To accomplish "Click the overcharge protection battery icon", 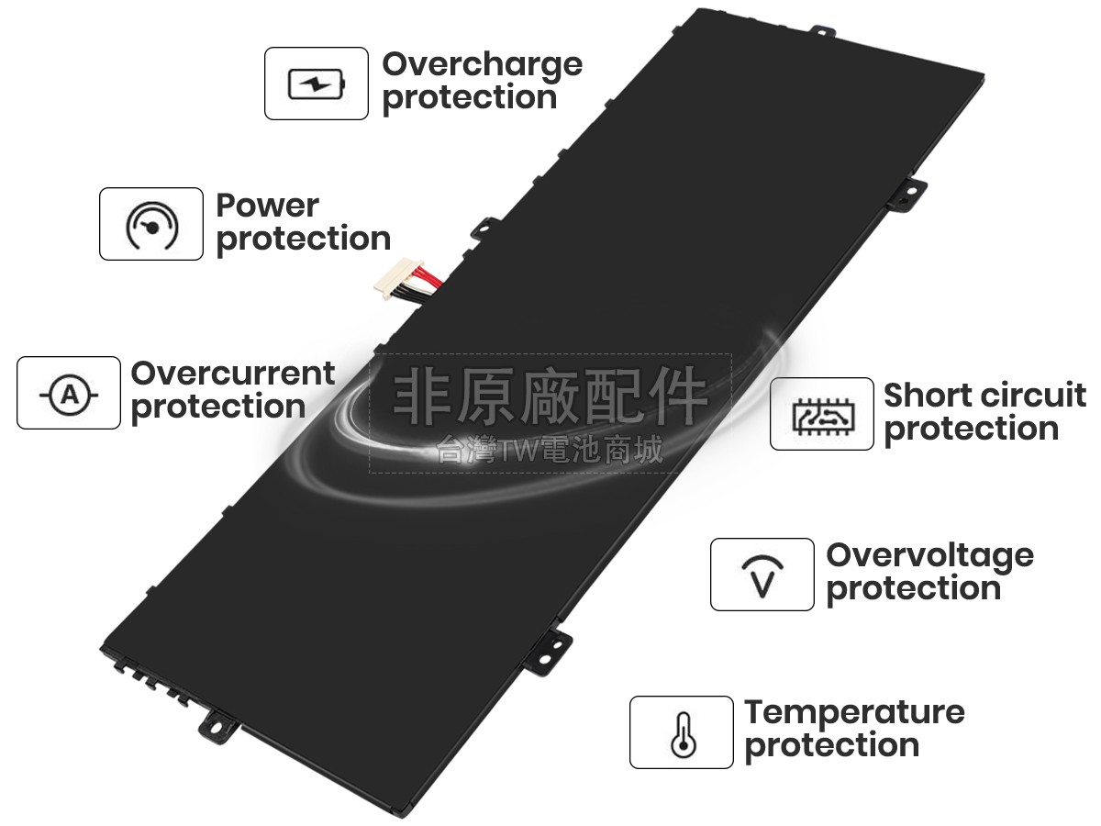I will point(317,84).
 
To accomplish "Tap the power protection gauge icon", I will point(151,225).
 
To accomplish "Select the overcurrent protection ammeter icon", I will point(69,394).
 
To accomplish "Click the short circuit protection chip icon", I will point(821,415).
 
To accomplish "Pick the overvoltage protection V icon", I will point(762,575).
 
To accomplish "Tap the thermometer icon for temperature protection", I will point(681,733).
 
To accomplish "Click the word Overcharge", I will point(482,64).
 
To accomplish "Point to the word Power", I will point(267,206).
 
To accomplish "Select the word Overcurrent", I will point(233,374).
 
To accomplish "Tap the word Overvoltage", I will point(929,555).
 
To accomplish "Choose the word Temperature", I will point(854,712).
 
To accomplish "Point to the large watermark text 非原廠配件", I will point(550,396).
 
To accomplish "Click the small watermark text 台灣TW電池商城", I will point(550,451).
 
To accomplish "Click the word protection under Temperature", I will point(831,746).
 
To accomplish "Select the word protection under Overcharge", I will point(469,98).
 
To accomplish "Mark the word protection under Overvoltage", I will point(913,589).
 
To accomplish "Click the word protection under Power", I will point(303,240).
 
